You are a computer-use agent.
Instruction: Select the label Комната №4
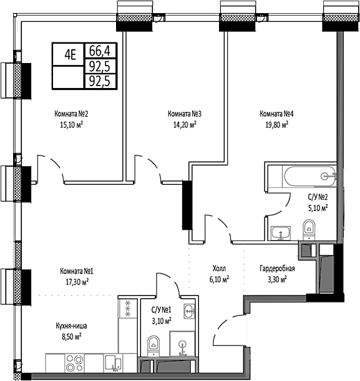(276, 114)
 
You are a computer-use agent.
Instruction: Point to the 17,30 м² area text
(77, 281)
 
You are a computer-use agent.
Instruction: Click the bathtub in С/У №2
(301, 176)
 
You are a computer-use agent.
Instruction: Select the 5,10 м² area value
(318, 208)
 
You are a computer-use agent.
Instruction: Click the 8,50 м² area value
(71, 335)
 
